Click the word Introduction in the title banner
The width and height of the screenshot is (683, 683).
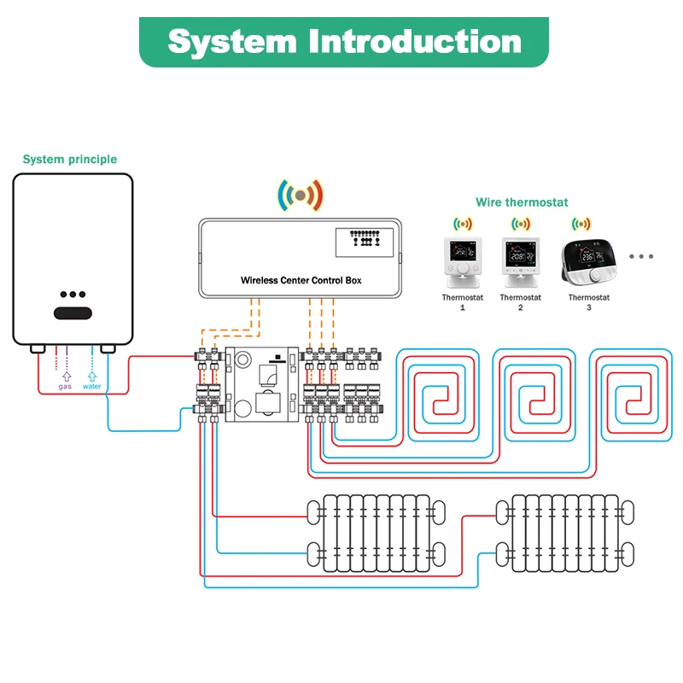tap(415, 41)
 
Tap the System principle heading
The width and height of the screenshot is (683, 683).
tap(70, 160)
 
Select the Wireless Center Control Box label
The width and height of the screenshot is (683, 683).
tap(301, 280)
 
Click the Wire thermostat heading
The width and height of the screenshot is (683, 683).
tap(522, 202)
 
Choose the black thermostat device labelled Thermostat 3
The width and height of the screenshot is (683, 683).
tap(588, 260)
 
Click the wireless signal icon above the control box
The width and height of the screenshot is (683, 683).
tap(300, 196)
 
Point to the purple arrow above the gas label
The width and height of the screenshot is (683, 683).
tap(65, 374)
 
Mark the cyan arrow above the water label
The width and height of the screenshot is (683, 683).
tap(92, 374)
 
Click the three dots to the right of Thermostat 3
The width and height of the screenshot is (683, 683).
tap(640, 256)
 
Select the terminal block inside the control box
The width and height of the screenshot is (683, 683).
tap(365, 238)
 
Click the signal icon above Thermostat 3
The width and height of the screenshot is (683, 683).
tap(581, 225)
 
